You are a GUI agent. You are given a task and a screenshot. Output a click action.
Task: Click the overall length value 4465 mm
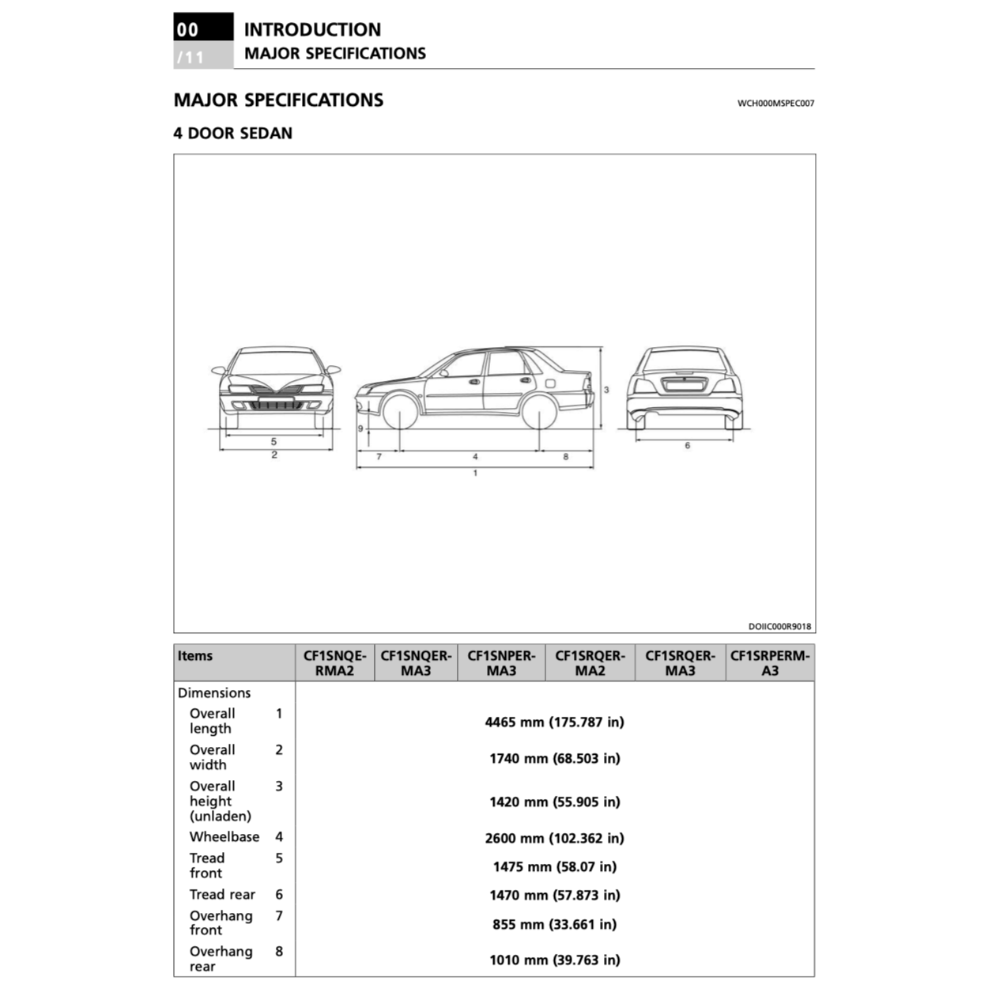[x=554, y=722]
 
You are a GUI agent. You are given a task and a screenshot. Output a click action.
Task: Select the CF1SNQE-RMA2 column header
[x=335, y=663]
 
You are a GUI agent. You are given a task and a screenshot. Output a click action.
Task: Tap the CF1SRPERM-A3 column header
[x=770, y=663]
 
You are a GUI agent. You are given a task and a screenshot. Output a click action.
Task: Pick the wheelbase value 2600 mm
[x=554, y=838]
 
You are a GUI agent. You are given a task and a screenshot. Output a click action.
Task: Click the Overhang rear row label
[x=221, y=959]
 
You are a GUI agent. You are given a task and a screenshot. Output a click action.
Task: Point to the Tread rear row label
[x=222, y=895]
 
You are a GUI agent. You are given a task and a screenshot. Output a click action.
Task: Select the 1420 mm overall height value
[x=554, y=802]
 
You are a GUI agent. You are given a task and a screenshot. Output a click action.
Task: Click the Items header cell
[x=195, y=656]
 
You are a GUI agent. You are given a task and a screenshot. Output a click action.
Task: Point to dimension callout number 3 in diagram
[x=606, y=390]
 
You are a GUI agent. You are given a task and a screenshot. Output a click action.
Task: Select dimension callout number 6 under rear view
[x=687, y=446]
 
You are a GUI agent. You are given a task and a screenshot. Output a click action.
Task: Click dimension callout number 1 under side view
[x=475, y=473]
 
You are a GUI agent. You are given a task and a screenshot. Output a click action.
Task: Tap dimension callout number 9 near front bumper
[x=360, y=428]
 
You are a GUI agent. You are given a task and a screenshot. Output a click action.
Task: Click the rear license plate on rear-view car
[x=685, y=385]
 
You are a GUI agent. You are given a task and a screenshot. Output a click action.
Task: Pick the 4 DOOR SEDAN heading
[x=233, y=134]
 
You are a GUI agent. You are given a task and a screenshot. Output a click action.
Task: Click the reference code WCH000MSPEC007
[x=775, y=103]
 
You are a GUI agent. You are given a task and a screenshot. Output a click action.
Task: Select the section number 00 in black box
[x=188, y=30]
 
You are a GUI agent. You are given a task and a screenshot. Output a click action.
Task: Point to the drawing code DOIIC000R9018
[x=779, y=627]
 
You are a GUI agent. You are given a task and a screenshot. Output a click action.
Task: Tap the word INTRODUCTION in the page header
[x=312, y=30]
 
